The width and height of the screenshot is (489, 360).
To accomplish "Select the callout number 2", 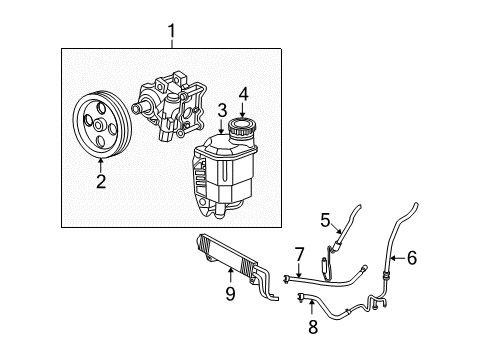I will (x=101, y=181).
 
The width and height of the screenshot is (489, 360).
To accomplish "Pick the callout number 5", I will (x=325, y=219).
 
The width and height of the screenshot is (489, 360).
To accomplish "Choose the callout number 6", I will (x=411, y=258).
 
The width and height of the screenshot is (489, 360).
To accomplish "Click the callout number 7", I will (x=299, y=253).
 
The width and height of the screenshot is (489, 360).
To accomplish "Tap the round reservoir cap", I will (x=243, y=130).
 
